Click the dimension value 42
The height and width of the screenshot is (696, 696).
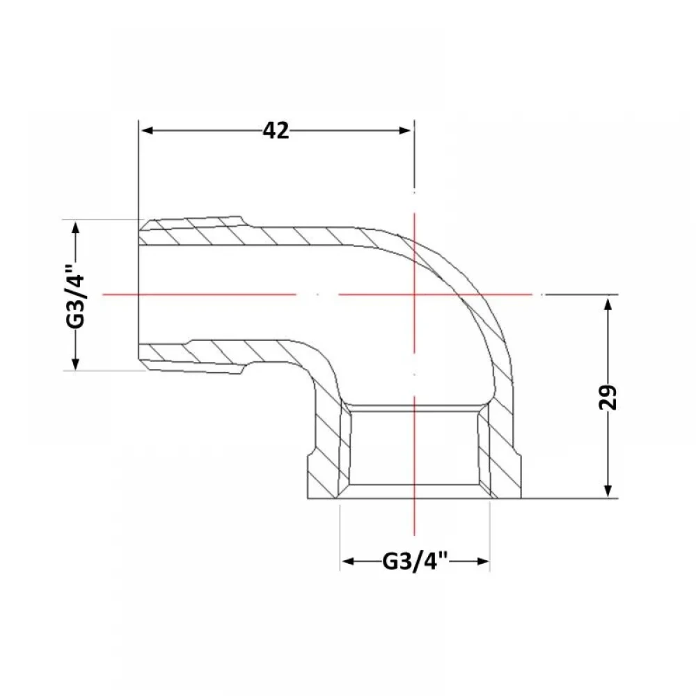[276, 131]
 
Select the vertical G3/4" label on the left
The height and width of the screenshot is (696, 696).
[75, 296]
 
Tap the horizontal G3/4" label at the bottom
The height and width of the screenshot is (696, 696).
[414, 562]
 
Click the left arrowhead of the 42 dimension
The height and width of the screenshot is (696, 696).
[146, 131]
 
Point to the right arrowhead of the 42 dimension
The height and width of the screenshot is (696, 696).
[405, 131]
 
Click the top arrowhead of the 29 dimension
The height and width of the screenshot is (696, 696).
[608, 305]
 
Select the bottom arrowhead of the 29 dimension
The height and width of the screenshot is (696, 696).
[608, 491]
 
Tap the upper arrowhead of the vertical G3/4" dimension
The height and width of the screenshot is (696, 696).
[76, 228]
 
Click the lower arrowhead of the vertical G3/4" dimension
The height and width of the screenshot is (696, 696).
[76, 363]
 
